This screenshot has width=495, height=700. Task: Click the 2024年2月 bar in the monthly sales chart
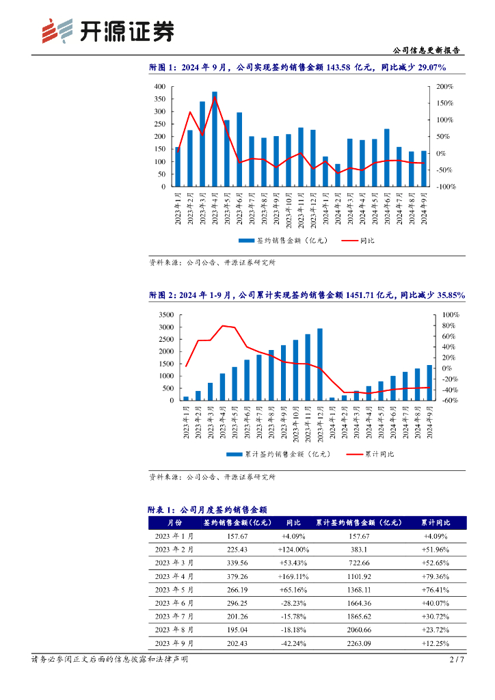point(338,175)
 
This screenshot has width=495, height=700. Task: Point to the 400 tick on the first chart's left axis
point(159,87)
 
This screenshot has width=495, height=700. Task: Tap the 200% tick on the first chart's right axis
point(444,87)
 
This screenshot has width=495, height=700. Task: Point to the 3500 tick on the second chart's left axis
point(165,314)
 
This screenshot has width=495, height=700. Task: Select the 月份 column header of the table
point(174,523)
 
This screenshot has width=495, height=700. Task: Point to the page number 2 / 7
point(457,660)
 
